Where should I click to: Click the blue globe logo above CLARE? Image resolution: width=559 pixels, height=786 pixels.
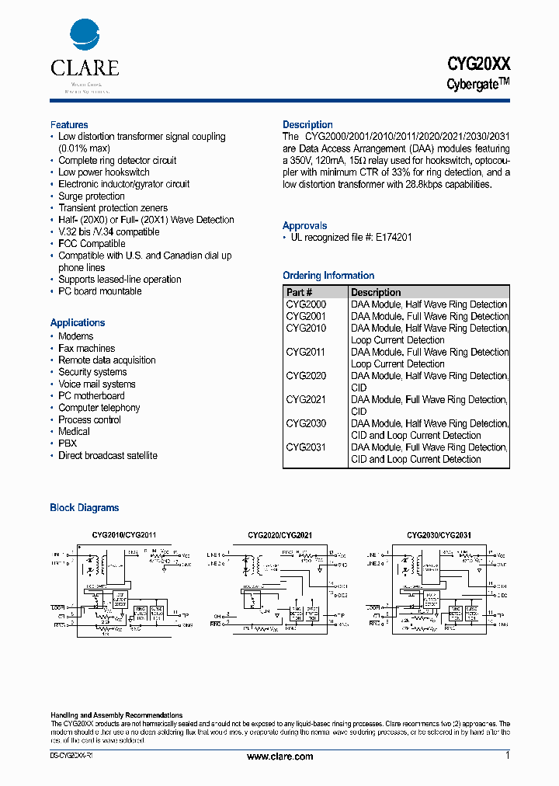point(85,36)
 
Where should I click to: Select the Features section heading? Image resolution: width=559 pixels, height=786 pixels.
point(69,125)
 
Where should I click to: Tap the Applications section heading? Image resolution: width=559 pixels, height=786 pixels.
point(78,323)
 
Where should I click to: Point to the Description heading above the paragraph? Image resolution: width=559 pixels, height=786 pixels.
point(307,125)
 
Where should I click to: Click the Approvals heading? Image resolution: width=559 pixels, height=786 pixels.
point(304,226)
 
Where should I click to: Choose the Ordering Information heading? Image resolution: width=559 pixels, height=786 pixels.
point(328,276)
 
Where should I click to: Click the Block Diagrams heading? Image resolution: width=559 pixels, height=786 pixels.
point(85,508)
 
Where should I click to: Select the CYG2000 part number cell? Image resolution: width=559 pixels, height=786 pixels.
point(306,304)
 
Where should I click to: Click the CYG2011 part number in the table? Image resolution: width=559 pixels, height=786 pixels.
point(306,352)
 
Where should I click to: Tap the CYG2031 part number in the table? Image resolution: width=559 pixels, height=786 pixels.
point(306,447)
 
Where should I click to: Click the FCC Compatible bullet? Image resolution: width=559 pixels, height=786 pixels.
point(92,244)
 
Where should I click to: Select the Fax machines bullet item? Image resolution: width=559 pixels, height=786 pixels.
point(86,349)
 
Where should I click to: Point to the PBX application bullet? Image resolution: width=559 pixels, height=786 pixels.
point(68,443)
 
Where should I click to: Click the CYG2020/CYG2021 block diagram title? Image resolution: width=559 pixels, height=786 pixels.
point(279,535)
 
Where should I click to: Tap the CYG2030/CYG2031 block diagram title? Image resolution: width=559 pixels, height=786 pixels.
point(439,535)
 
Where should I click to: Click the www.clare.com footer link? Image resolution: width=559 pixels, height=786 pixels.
point(279,756)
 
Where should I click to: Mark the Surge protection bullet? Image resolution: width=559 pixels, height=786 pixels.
point(92,196)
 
